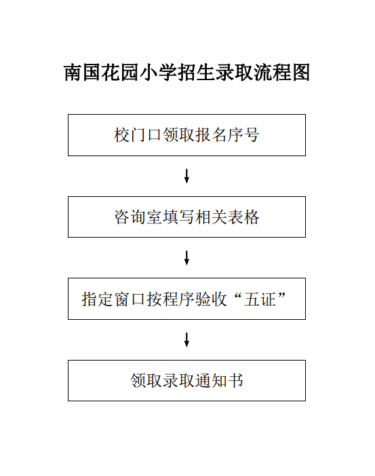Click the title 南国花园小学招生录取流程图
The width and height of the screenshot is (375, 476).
coord(186,73)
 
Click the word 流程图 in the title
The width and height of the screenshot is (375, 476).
coord(281,73)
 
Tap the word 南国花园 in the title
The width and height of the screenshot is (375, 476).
coord(101,73)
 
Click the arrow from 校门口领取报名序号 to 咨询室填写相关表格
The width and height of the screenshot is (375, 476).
coord(186,176)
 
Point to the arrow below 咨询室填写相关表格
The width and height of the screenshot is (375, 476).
coord(186,258)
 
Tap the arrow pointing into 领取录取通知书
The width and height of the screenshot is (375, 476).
coord(186,340)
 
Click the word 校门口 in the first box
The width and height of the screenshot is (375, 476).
coord(138,134)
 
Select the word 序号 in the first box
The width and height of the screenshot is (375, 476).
coord(243,134)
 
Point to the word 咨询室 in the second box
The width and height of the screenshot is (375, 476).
coord(138,217)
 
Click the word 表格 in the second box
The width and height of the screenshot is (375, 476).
coord(243,217)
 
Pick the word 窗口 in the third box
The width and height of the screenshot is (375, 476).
coord(130,299)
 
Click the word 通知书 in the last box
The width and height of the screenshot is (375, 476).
coord(220,381)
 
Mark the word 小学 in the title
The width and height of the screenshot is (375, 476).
coord(157,73)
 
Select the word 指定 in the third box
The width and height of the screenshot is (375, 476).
coord(98,299)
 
